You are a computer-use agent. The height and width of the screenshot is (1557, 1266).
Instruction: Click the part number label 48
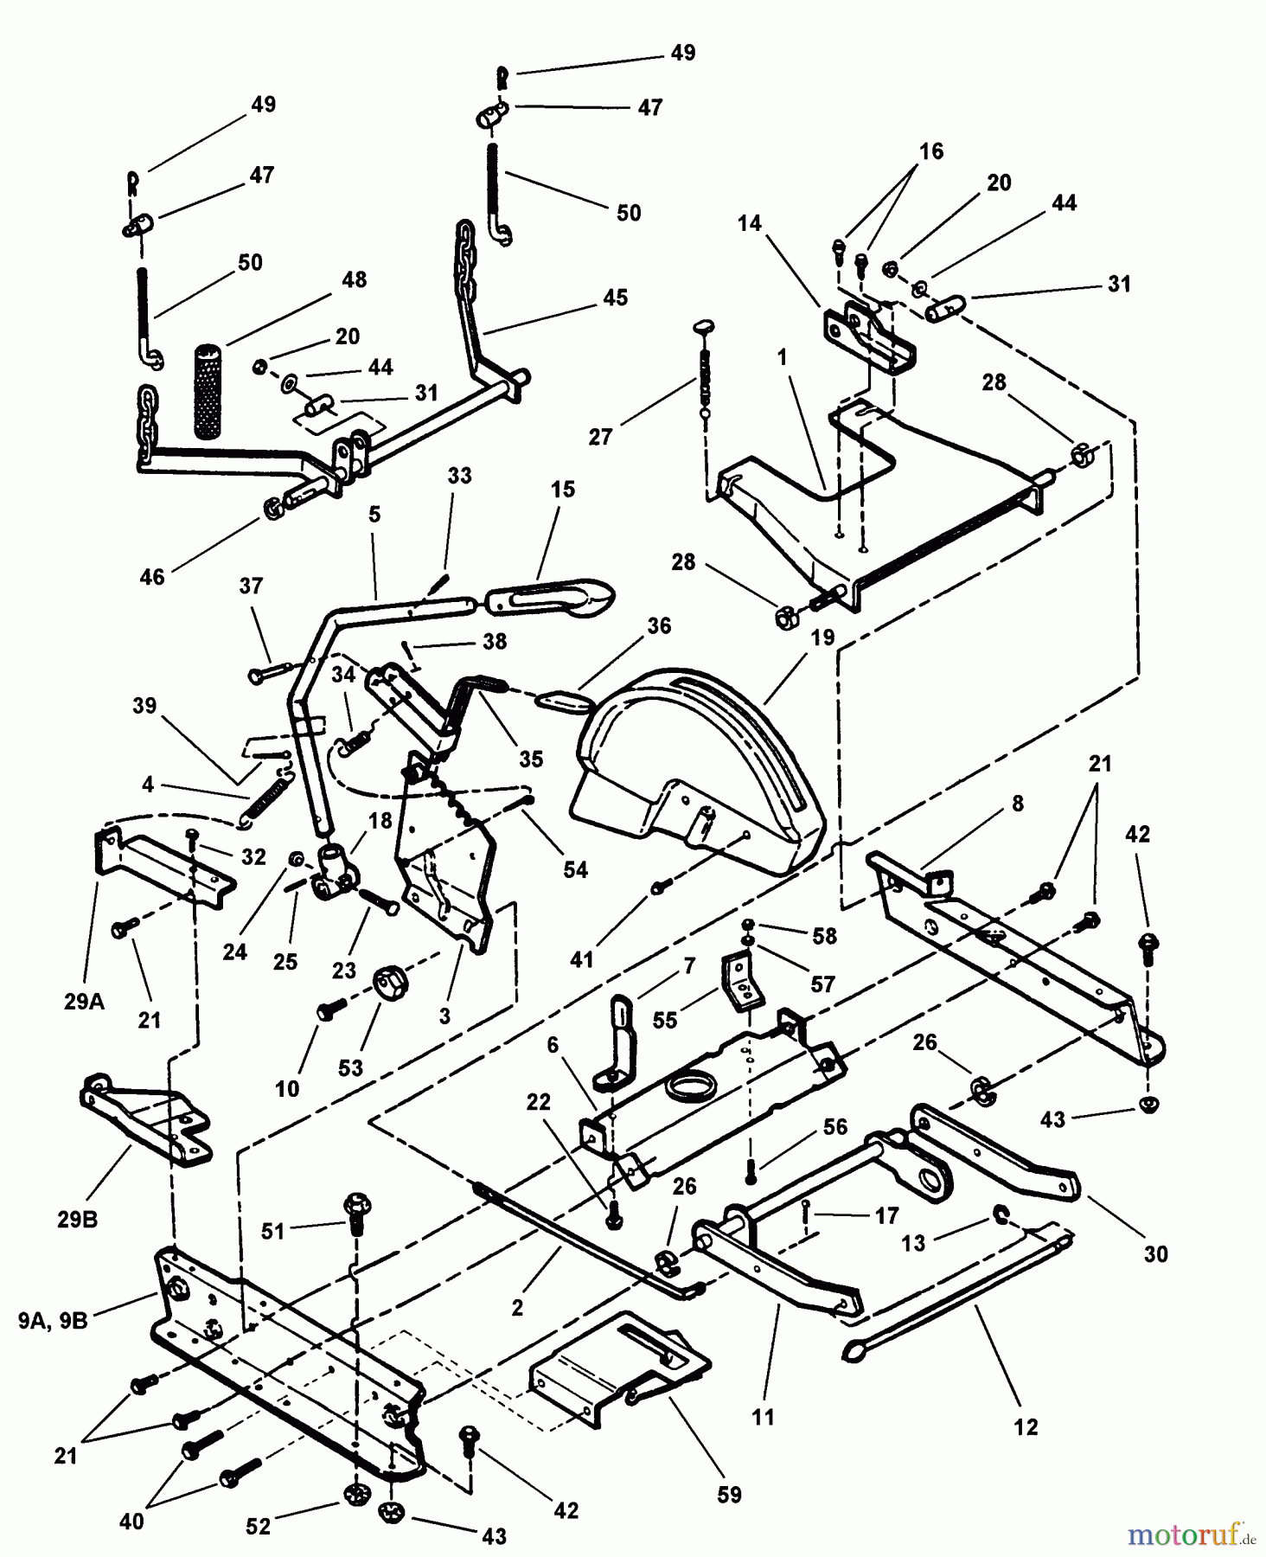355,279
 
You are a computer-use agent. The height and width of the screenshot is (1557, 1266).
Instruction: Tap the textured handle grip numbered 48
209,391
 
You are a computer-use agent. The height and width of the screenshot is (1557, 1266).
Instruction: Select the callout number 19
822,638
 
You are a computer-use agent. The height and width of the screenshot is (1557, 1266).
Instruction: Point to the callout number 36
659,625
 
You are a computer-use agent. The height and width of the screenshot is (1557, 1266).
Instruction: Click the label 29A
84,1002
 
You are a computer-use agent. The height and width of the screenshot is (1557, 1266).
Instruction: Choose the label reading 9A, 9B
53,1321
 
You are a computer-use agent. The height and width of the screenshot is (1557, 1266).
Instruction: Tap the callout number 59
729,1495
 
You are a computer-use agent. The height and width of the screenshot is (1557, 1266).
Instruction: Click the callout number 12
1026,1426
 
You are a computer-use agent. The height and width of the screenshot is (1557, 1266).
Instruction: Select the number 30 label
1155,1253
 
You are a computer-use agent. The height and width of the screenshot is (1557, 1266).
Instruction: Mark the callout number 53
350,1067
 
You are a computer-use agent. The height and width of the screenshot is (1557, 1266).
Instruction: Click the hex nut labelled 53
386,983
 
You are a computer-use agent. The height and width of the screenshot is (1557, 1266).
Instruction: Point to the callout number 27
600,437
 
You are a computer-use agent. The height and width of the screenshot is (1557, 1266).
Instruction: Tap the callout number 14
750,223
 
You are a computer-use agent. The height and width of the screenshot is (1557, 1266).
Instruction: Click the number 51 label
273,1230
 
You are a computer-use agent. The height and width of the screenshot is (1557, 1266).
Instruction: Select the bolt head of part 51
356,1203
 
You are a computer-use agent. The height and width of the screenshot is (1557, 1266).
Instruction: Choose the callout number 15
562,489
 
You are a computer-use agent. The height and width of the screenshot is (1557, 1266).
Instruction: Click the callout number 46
151,576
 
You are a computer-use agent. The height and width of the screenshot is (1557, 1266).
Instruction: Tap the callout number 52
259,1527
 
